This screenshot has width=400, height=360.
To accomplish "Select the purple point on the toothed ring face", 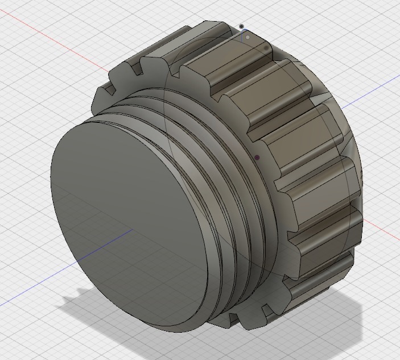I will (257, 158).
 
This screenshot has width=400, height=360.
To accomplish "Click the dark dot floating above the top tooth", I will (242, 26).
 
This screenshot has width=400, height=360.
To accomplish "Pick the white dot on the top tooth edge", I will (248, 38).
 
